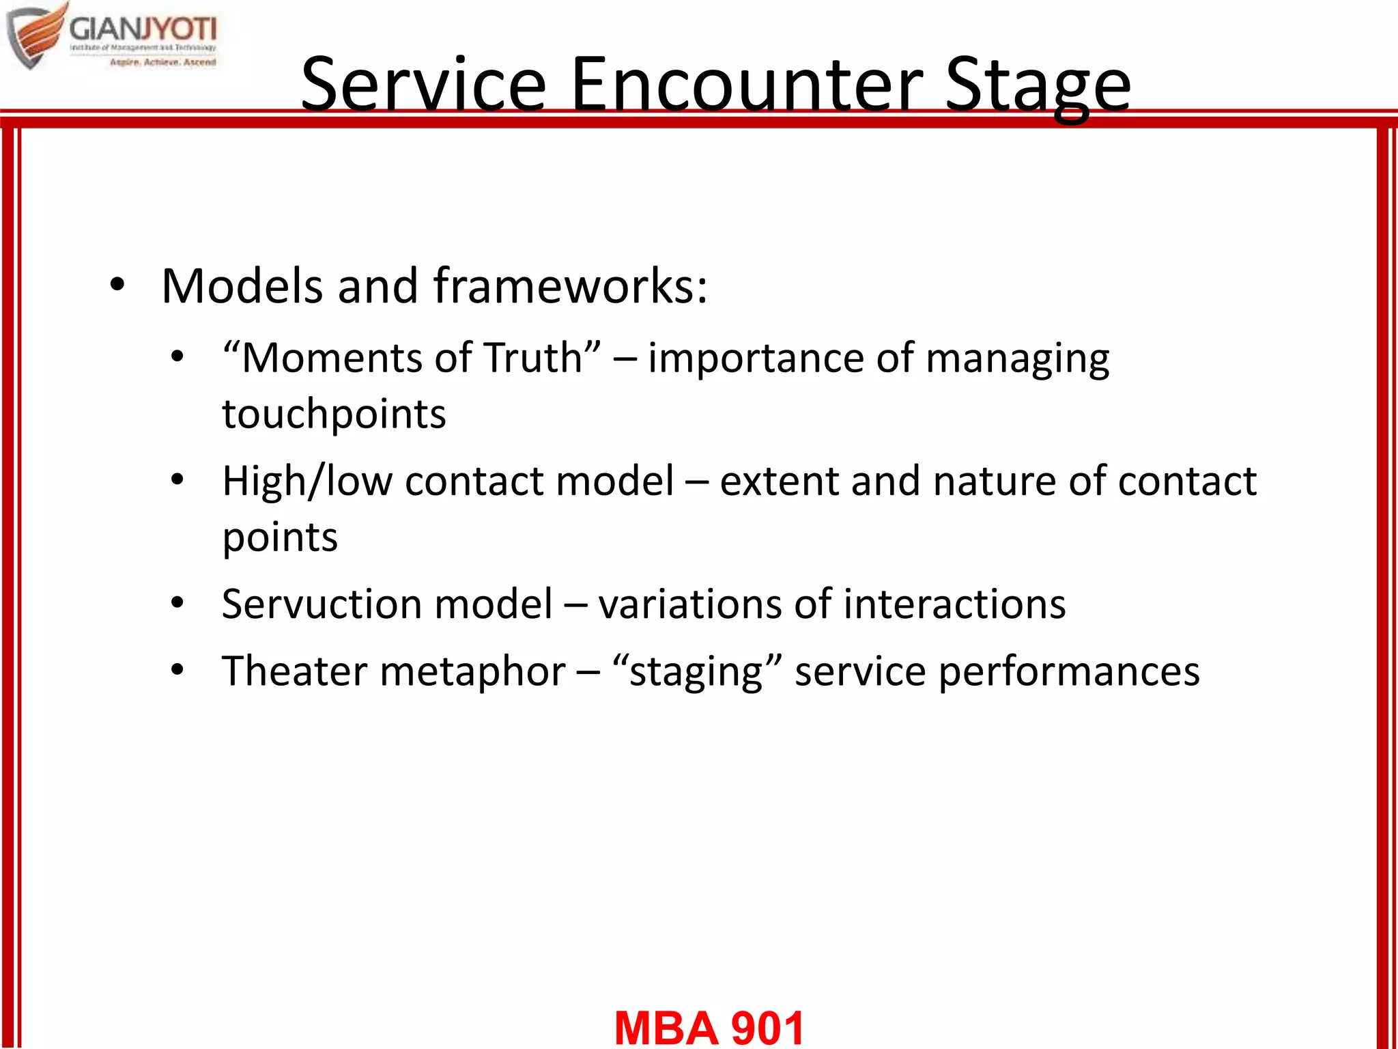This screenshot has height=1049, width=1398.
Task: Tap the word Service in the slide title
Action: [x=423, y=85]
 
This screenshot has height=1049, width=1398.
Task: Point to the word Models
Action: [x=242, y=285]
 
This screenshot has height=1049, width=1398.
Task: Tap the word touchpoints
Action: [x=334, y=414]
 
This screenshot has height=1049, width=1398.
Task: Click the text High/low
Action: [x=307, y=481]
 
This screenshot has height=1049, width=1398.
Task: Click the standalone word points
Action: [x=280, y=538]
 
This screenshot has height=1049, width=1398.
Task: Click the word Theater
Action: [x=294, y=671]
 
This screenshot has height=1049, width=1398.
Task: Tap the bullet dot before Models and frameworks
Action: [x=117, y=285]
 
